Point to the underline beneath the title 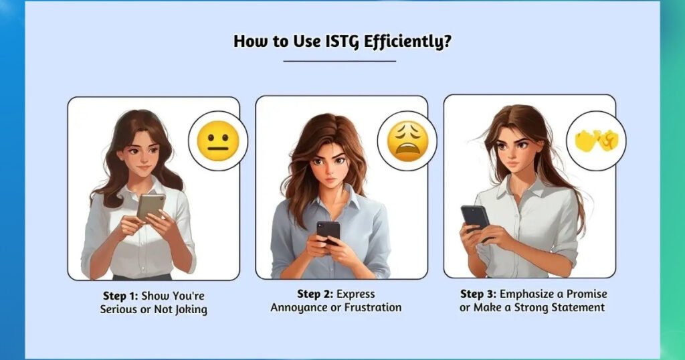(339, 61)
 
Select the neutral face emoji (218, 141)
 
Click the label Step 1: (120, 295)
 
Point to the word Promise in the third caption (587, 294)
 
